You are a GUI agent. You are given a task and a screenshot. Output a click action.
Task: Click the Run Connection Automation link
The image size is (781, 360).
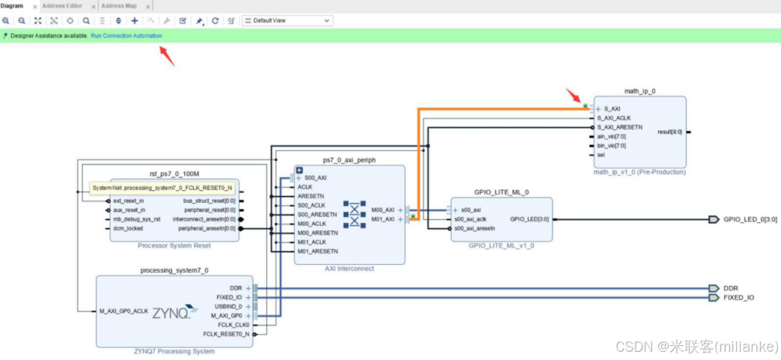point(126,36)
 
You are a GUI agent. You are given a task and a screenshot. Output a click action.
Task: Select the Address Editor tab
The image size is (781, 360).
point(62,6)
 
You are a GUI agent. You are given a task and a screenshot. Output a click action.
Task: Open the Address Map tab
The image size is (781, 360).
point(118,6)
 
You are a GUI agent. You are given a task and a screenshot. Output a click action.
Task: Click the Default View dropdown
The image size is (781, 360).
point(288,21)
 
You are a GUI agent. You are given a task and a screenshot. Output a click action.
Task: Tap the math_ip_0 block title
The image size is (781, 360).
point(639,91)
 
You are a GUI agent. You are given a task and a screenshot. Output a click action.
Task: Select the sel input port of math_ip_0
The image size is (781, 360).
point(601,155)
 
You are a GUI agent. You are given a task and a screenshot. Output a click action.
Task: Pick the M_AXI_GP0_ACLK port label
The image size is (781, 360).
point(124,311)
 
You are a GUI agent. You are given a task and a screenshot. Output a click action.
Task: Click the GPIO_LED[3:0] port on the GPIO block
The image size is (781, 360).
point(528,219)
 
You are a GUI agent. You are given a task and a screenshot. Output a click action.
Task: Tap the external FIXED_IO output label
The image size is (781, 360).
point(738,298)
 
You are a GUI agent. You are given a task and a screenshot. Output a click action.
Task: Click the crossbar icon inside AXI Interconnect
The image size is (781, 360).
point(355,214)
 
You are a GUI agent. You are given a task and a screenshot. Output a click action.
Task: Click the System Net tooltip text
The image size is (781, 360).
point(161,188)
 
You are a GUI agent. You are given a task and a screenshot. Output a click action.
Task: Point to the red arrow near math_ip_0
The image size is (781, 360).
point(573,96)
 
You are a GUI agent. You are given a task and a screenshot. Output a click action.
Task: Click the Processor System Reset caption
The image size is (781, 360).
point(174,245)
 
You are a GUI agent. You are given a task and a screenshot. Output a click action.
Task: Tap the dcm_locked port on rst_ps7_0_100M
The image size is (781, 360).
point(128,228)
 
